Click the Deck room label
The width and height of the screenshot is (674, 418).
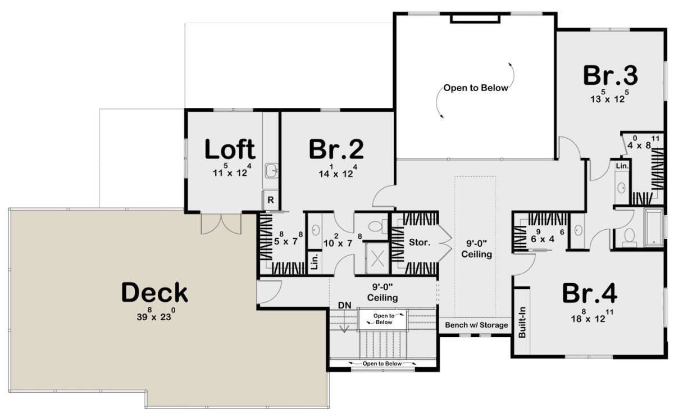click(154, 293)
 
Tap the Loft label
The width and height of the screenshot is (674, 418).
click(229, 149)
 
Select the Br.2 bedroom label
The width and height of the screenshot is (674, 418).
click(336, 149)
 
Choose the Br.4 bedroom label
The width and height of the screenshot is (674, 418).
click(590, 293)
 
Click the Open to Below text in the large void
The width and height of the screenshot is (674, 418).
click(476, 88)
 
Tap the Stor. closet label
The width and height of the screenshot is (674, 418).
click(420, 243)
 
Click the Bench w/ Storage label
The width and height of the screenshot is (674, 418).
click(476, 325)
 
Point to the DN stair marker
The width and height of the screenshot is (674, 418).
click(344, 305)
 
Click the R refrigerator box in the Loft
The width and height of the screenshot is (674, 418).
click(270, 200)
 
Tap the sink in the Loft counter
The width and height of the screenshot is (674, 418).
click(271, 170)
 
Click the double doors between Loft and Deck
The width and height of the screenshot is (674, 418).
click(221, 223)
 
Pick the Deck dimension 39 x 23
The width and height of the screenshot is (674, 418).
click(154, 316)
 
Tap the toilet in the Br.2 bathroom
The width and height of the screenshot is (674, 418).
click(379, 225)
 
